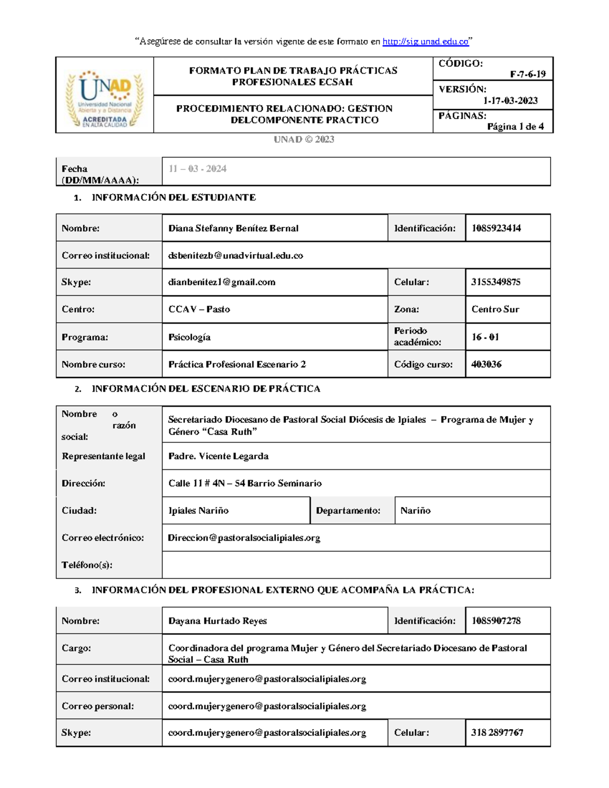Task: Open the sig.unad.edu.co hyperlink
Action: [x=425, y=42]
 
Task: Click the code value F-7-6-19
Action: [x=528, y=74]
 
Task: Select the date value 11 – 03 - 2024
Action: [x=197, y=169]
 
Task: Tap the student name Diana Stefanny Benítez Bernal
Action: [x=233, y=228]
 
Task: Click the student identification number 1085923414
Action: [x=496, y=228]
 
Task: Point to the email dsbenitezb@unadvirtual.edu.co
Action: [x=235, y=256]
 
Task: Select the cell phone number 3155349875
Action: [x=495, y=282]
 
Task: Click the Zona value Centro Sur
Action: [x=495, y=310]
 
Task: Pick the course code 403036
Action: [x=486, y=364]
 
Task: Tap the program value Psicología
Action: [x=189, y=337]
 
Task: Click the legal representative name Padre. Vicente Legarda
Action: [x=218, y=456]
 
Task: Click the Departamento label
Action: [x=348, y=511]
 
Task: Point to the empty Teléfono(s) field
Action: [x=355, y=565]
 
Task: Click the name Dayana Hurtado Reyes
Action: [x=217, y=621]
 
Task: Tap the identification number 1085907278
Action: [x=496, y=621]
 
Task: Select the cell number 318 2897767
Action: [x=497, y=733]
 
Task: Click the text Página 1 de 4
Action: [x=515, y=127]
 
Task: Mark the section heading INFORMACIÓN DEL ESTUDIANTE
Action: [x=174, y=198]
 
